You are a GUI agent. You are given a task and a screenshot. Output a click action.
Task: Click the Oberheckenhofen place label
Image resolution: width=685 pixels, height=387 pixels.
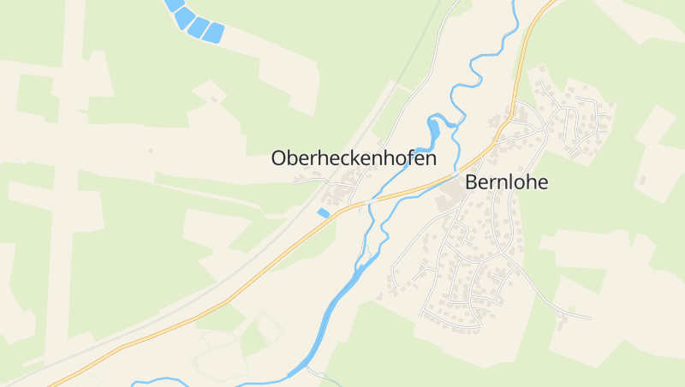(x=354, y=158)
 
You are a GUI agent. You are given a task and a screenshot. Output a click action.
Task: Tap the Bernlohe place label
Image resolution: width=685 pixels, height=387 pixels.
(x=506, y=182)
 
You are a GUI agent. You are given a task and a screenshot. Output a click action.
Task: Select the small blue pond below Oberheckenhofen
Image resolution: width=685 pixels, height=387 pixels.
(x=324, y=211)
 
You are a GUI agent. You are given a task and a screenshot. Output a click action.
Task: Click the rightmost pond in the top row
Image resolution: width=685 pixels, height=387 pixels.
(x=213, y=33)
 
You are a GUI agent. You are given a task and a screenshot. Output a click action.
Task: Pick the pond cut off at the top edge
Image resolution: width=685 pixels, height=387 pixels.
(x=174, y=4)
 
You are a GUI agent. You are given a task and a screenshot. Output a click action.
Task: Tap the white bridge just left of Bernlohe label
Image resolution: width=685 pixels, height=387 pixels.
(x=452, y=179)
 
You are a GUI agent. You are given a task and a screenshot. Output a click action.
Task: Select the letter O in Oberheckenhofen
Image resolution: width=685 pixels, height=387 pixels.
(x=279, y=158)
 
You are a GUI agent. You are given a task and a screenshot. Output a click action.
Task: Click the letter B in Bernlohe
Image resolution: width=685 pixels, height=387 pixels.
(x=472, y=182)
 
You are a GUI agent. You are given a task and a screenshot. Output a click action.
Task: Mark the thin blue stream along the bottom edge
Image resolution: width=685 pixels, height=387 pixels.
(x=171, y=381)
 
